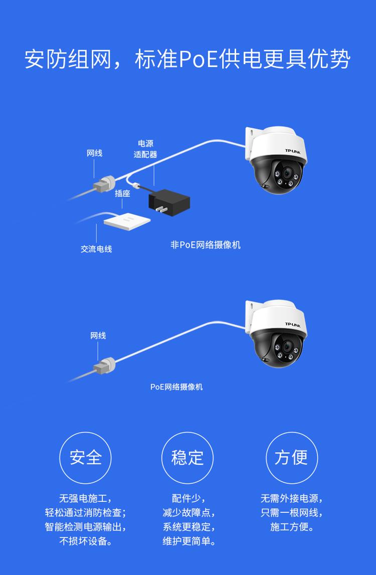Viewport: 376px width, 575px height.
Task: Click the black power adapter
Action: tap(169, 200)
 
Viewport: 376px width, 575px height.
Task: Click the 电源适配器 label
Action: tap(145, 149)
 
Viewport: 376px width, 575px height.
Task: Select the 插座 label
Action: tap(122, 193)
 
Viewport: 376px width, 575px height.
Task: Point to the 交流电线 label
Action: tap(96, 249)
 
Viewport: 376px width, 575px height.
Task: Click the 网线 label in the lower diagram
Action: tap(98, 336)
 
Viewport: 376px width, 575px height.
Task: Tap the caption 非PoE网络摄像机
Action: tap(206, 245)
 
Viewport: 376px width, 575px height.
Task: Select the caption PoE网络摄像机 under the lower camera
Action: tap(176, 387)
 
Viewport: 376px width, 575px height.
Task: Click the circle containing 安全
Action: tap(85, 458)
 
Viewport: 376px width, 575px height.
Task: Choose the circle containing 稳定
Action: tap(187, 458)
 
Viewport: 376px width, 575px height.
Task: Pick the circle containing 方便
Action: tap(291, 458)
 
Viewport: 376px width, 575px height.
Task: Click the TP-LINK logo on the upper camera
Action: tap(296, 150)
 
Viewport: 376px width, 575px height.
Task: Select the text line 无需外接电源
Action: tap(291, 498)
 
